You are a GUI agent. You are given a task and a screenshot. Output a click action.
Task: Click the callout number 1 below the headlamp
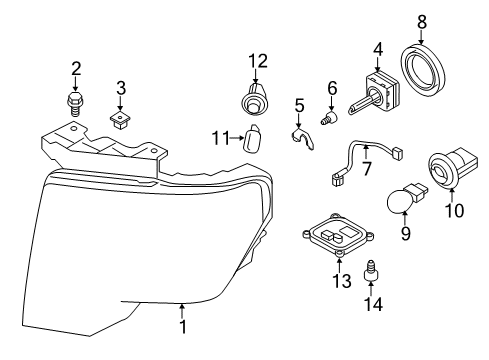pyautogui.click(x=183, y=327)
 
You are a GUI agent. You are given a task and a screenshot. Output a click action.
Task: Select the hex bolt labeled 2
pyautogui.click(x=74, y=104)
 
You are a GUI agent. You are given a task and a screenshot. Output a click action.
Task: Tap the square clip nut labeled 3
pyautogui.click(x=120, y=121)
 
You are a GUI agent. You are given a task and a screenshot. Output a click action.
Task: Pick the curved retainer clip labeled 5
pyautogui.click(x=302, y=138)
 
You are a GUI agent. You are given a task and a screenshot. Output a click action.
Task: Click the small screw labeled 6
pyautogui.click(x=329, y=118)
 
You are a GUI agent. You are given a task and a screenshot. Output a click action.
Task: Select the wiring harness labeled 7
pyautogui.click(x=366, y=161)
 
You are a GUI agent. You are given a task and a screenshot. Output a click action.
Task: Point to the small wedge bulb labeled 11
pyautogui.click(x=254, y=138)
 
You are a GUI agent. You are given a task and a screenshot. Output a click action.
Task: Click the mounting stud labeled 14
pyautogui.click(x=371, y=271)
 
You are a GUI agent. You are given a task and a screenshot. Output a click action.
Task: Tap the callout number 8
pyautogui.click(x=422, y=22)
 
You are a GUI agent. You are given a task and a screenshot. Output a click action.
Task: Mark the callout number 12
pyautogui.click(x=258, y=61)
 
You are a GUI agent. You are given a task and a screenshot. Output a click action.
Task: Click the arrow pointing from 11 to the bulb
pyautogui.click(x=237, y=137)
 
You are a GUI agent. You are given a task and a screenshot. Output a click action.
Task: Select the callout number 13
pyautogui.click(x=342, y=281)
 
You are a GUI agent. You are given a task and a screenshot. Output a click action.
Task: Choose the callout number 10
pyautogui.click(x=454, y=210)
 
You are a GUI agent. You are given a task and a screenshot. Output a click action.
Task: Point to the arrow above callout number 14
pyautogui.click(x=371, y=289)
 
